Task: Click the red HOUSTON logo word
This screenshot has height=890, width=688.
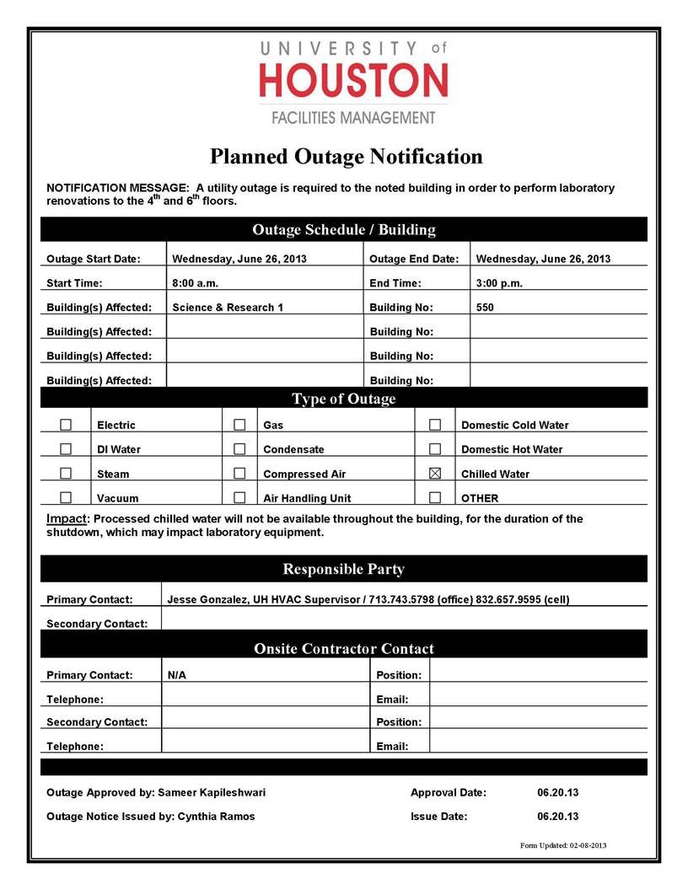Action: tap(352, 82)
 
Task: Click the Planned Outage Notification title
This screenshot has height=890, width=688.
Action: tap(346, 157)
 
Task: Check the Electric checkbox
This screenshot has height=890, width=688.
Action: tap(66, 425)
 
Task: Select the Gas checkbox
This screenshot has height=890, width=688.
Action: tap(239, 425)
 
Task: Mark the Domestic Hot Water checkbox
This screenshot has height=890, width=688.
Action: tap(435, 449)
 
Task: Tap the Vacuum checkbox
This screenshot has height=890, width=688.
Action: tap(66, 498)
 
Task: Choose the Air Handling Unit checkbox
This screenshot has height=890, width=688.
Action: tap(239, 498)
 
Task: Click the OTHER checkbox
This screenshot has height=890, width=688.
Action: tap(435, 498)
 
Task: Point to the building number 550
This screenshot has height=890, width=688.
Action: tap(485, 308)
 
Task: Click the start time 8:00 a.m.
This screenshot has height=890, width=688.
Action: tap(195, 283)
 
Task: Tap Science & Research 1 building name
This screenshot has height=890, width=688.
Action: tap(228, 308)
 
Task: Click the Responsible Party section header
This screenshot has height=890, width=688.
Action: tap(343, 569)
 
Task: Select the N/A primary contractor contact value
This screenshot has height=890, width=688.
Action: tap(177, 675)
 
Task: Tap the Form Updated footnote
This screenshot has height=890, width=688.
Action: tap(563, 844)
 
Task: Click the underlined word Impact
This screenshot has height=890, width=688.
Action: tap(66, 518)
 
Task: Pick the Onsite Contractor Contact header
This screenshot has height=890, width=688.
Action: tap(343, 648)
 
